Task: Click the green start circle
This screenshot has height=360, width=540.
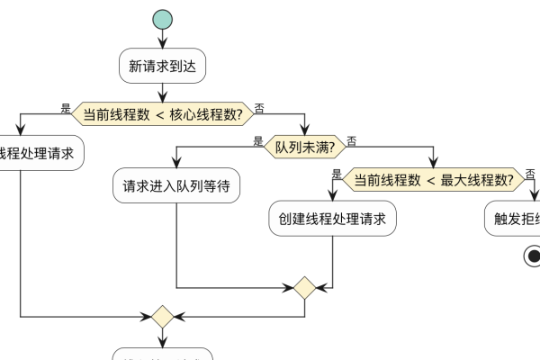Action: click(x=162, y=20)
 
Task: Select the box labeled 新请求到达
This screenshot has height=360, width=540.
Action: click(x=162, y=66)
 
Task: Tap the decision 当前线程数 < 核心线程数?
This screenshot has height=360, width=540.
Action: click(x=162, y=113)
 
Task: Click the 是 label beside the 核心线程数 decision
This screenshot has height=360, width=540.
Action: click(x=65, y=108)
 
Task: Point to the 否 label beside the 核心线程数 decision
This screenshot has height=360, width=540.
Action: click(x=260, y=108)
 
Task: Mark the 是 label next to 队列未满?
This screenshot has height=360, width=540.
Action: click(x=258, y=141)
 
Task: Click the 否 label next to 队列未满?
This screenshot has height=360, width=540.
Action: click(x=351, y=141)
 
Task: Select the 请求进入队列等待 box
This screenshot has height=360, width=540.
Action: click(x=176, y=186)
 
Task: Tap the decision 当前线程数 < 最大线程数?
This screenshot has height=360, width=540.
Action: click(x=433, y=179)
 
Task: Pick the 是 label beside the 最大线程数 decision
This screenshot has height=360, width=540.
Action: click(x=337, y=175)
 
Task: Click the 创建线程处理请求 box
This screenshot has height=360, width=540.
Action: click(x=333, y=219)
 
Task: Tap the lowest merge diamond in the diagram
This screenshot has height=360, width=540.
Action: click(x=162, y=317)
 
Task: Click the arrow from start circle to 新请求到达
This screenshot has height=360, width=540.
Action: click(x=162, y=40)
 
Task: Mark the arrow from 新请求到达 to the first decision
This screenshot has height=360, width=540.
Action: click(x=162, y=91)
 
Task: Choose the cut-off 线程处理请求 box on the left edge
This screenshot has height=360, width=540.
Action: click(x=40, y=153)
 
